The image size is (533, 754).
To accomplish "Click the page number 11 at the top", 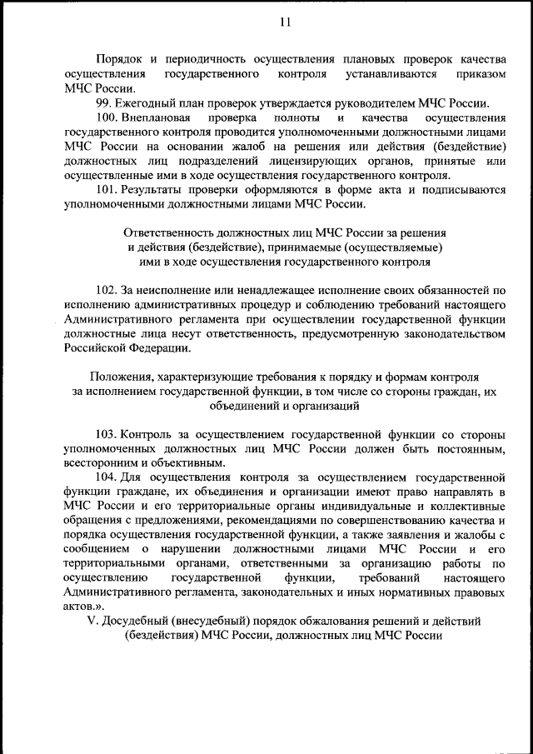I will click(x=285, y=22).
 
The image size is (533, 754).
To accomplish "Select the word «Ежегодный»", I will click(x=150, y=103).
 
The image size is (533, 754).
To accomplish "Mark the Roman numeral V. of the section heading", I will click(x=92, y=621).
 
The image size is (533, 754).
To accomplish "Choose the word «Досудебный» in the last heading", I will click(x=136, y=621).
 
